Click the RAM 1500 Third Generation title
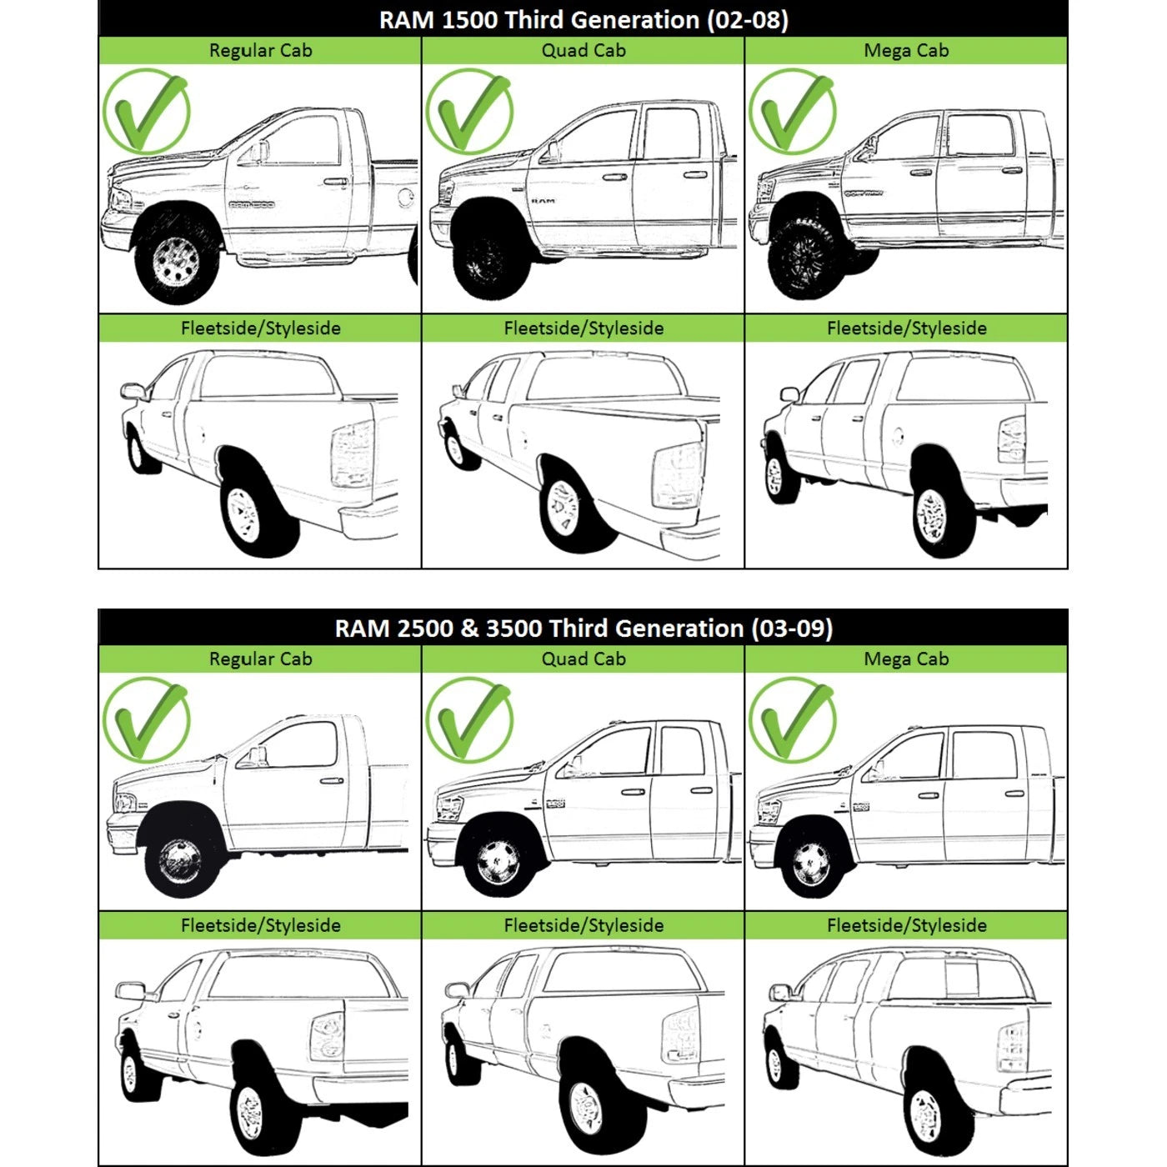click(x=583, y=20)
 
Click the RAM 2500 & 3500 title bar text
click(x=583, y=628)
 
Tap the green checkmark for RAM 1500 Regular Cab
click(x=148, y=113)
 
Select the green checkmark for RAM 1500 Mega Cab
click(x=793, y=113)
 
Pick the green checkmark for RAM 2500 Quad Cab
click(x=470, y=721)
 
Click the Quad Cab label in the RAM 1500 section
click(x=583, y=50)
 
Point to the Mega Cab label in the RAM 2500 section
click(x=906, y=659)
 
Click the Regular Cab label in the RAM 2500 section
click(x=260, y=659)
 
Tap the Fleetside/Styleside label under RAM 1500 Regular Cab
click(x=260, y=328)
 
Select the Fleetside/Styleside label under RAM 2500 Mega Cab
click(x=907, y=925)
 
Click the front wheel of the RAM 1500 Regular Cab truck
click(x=176, y=258)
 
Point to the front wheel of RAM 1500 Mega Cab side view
click(x=805, y=258)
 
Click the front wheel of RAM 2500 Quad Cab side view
click(x=497, y=863)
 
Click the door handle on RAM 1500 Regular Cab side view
click(x=336, y=181)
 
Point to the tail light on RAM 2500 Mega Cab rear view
click(x=1012, y=1046)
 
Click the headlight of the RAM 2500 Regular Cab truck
click(x=124, y=803)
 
